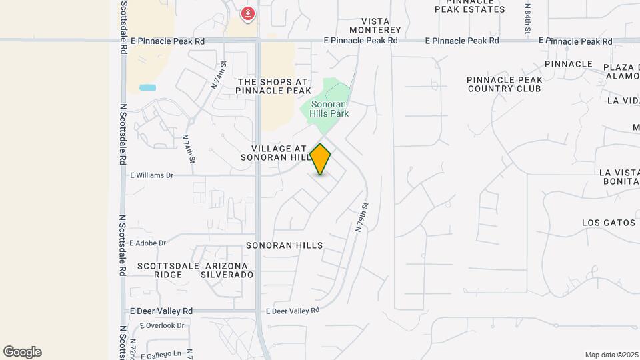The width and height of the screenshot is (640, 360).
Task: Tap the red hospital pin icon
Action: coord(248,13)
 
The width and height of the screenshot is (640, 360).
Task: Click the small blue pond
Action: coord(147,87)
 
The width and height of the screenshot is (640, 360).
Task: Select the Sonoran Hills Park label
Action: coord(329,109)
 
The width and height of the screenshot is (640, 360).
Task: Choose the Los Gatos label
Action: coord(609,223)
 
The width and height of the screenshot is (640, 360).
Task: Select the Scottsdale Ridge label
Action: coord(159,270)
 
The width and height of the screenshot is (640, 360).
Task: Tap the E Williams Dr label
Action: coord(151,175)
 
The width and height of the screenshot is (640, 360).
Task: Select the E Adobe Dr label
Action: coord(148,243)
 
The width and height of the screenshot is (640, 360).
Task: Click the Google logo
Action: coord(22,352)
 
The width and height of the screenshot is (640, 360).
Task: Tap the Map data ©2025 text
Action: coord(611,355)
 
